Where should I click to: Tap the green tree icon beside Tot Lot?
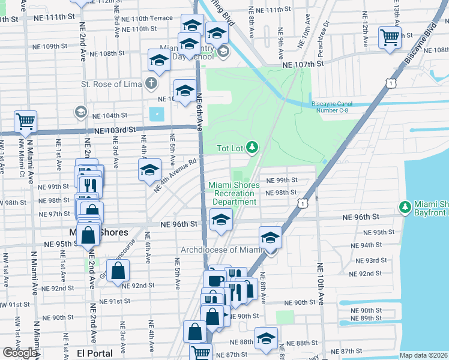[x=253, y=146]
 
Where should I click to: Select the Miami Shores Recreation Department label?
[x=234, y=193]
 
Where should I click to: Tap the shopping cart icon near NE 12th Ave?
[x=390, y=37]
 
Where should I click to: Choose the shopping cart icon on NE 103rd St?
[x=26, y=121]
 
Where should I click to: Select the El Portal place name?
[x=95, y=353]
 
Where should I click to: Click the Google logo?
[x=19, y=353]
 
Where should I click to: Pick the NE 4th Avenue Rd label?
[x=175, y=175]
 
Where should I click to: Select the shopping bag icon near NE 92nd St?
[x=118, y=271]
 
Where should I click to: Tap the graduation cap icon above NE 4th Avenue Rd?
[x=149, y=170]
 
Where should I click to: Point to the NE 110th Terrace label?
[x=146, y=19]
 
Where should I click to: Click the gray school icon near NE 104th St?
[x=80, y=112]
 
